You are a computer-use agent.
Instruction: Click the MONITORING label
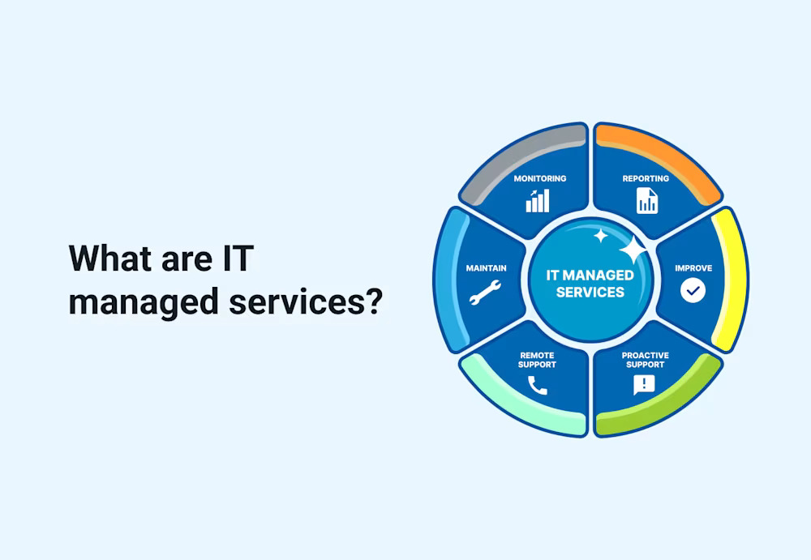click(539, 178)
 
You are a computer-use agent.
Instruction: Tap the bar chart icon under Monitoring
click(538, 200)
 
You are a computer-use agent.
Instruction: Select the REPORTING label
click(646, 178)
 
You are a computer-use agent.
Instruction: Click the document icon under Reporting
click(646, 200)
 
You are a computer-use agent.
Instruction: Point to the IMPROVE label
click(693, 268)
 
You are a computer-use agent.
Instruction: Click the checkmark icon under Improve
click(693, 290)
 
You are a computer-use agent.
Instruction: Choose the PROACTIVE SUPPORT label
click(645, 360)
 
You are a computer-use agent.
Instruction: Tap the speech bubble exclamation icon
click(644, 385)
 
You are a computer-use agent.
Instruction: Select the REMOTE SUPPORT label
click(538, 360)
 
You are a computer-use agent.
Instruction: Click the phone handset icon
click(537, 385)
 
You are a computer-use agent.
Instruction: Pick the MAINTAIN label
click(486, 267)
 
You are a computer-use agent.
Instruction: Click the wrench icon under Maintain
click(485, 292)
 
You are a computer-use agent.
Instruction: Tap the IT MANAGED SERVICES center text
click(590, 284)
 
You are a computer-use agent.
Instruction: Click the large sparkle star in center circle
click(633, 250)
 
